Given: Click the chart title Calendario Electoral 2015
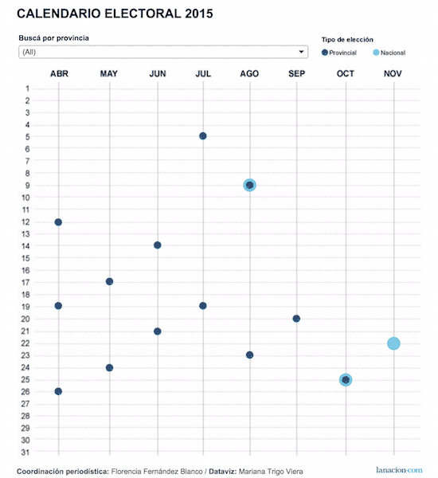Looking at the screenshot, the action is (x=115, y=14).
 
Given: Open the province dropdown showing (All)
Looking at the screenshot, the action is (x=163, y=52).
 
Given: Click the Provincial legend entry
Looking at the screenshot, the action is (x=339, y=53).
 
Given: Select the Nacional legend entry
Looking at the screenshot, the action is (x=389, y=53).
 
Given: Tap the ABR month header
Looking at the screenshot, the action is (x=59, y=74).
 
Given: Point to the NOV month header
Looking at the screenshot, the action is (x=393, y=74).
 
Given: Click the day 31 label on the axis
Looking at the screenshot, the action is (x=25, y=453).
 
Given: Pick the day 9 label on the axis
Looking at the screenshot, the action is (x=27, y=186).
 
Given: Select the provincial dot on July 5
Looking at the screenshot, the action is (x=203, y=136).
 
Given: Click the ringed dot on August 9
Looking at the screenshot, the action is (x=249, y=185).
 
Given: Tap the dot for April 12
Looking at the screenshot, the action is (x=58, y=222).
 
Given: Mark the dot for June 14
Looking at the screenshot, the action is (x=157, y=245).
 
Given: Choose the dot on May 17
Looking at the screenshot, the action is (x=109, y=282).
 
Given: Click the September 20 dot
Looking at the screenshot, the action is (x=296, y=319).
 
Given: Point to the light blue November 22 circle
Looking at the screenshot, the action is (x=393, y=343).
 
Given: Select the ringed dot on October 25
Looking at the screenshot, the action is (x=346, y=380).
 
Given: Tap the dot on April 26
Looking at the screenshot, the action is (x=58, y=391).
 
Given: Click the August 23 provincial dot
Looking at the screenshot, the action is (x=249, y=355).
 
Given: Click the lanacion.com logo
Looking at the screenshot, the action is (x=399, y=470).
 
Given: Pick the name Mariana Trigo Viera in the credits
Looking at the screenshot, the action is (x=271, y=472).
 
